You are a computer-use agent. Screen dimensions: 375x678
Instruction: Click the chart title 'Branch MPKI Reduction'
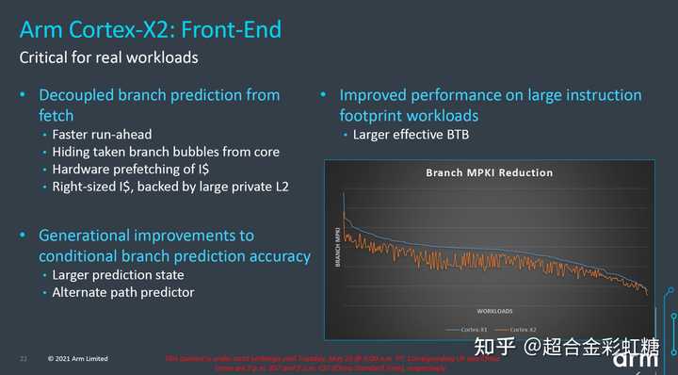[x=489, y=173]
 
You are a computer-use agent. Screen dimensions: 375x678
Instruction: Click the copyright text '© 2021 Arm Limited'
[x=78, y=359]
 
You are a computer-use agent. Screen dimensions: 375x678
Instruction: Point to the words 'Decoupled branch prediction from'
[x=159, y=95]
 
